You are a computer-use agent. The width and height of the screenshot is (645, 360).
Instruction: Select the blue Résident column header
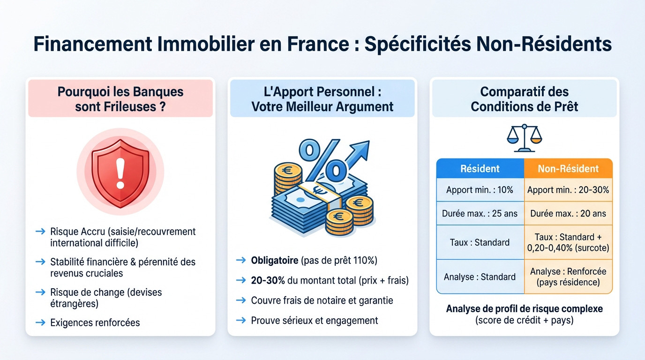pyautogui.click(x=480, y=169)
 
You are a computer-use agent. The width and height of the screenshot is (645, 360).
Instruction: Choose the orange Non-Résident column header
pyautogui.click(x=568, y=169)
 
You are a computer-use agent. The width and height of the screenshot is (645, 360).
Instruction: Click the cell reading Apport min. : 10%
pyautogui.click(x=480, y=190)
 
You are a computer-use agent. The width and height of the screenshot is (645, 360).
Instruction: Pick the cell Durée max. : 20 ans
pyautogui.click(x=568, y=213)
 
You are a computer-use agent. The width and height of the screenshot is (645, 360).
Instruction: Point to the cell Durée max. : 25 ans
pyautogui.click(x=480, y=213)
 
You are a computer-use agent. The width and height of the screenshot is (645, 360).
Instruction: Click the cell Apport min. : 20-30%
pyautogui.click(x=568, y=190)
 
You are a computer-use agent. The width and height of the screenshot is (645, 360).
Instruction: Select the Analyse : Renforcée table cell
pyautogui.click(x=568, y=277)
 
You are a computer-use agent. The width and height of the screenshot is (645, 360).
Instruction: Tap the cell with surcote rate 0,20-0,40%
pyautogui.click(x=568, y=242)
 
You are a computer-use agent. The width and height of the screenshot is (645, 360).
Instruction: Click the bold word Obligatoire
pyautogui.click(x=274, y=260)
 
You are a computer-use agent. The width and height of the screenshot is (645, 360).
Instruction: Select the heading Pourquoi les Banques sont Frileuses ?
pyautogui.click(x=120, y=98)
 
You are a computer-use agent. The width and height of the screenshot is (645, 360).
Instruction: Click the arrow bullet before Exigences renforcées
pyautogui.click(x=41, y=322)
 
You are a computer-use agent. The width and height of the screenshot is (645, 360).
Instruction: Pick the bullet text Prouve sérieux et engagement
pyautogui.click(x=314, y=321)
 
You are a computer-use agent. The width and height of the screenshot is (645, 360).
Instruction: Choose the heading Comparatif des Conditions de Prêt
pyautogui.click(x=524, y=99)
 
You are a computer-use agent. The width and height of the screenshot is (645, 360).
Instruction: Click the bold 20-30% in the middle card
pyautogui.click(x=268, y=280)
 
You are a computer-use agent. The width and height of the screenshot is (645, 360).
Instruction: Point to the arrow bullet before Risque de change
pyautogui.click(x=41, y=292)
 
